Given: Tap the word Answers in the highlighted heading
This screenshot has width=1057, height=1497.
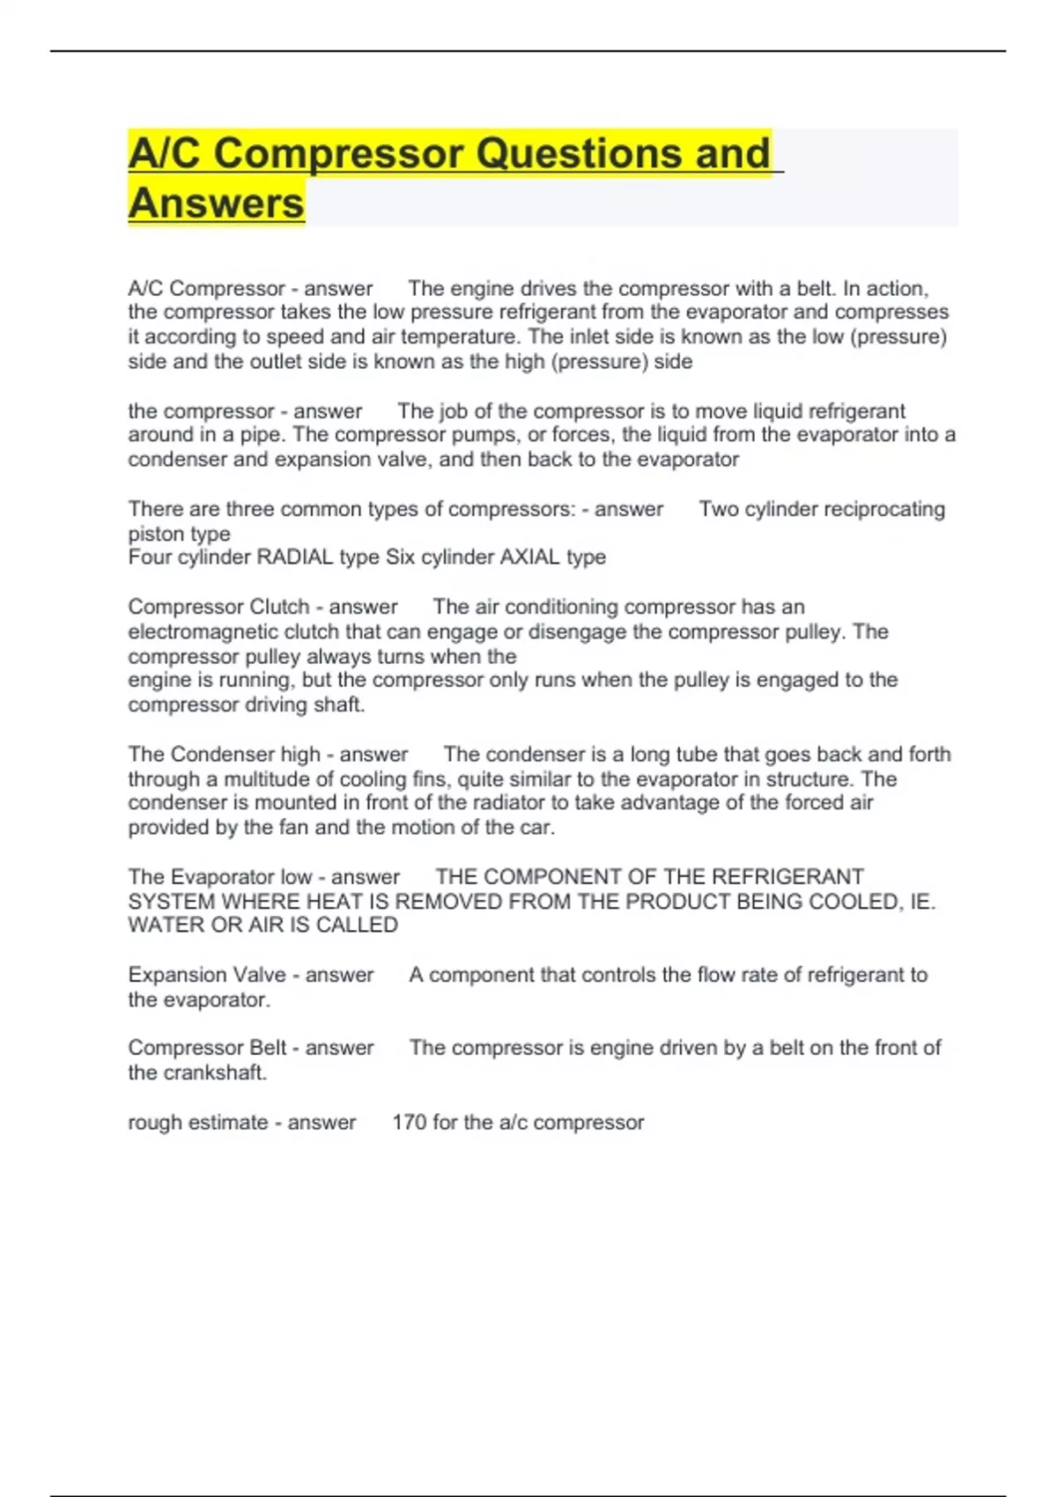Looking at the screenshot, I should point(216,203).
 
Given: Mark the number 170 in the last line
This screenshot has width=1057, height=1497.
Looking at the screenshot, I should point(409,1123).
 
